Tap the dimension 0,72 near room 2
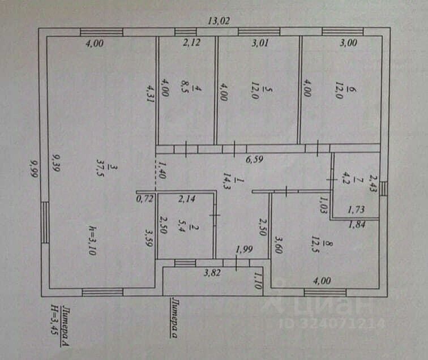coord(145,199)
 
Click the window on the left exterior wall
coord(44,221)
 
